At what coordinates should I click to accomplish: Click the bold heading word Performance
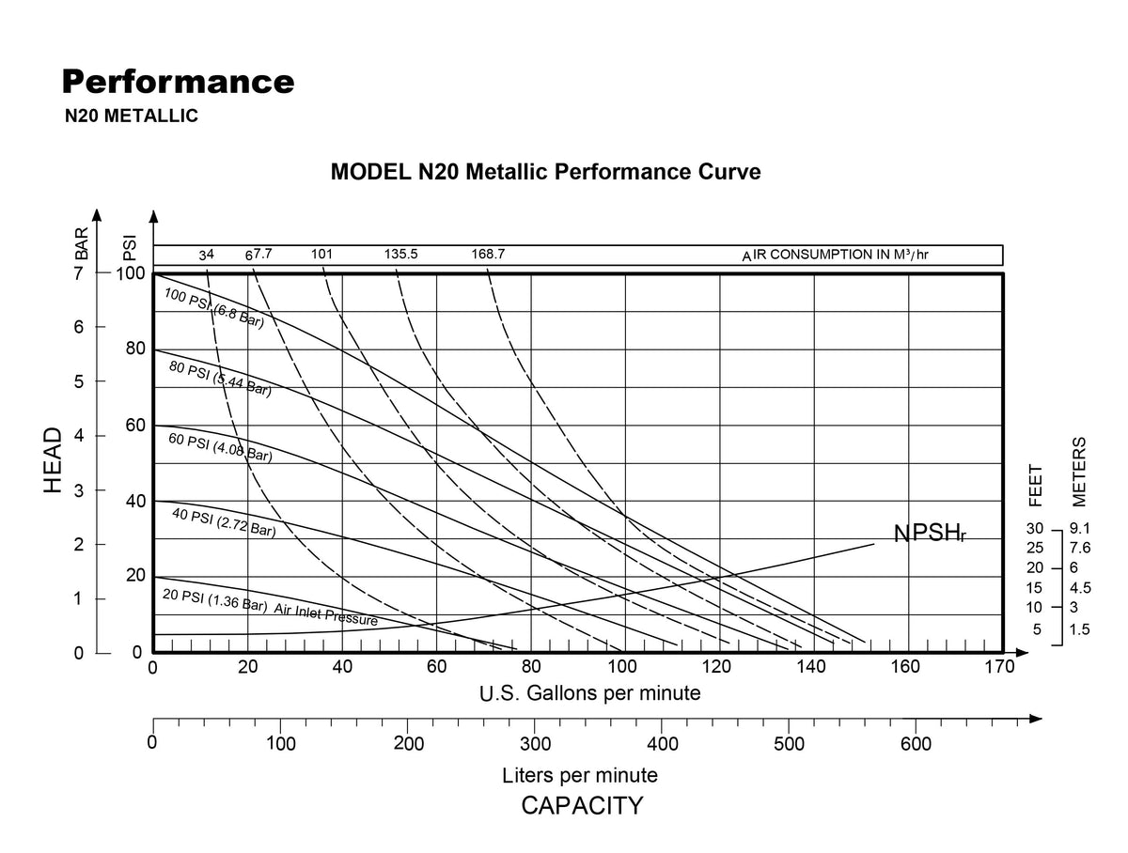[178, 82]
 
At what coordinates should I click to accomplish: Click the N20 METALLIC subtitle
[131, 116]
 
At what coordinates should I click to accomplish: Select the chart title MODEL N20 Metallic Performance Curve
[545, 172]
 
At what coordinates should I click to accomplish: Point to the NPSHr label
[929, 533]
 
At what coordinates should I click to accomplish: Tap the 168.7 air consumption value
[488, 254]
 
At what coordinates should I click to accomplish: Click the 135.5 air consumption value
[400, 254]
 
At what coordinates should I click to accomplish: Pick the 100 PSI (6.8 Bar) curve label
[213, 308]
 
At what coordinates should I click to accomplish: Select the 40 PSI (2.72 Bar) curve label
[224, 522]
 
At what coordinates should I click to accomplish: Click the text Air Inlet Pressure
[326, 614]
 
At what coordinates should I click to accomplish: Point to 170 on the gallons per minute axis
[999, 667]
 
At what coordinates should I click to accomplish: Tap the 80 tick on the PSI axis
[135, 349]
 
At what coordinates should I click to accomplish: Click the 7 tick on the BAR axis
[78, 273]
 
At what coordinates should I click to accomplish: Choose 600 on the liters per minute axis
[916, 744]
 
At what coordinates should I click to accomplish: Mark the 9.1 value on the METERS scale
[1079, 529]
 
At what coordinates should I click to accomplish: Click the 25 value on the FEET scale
[1035, 548]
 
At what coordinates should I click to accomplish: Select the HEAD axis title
[53, 460]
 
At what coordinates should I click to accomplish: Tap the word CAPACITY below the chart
[582, 805]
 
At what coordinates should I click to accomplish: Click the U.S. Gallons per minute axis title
[590, 693]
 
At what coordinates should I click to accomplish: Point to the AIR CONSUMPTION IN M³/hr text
[835, 255]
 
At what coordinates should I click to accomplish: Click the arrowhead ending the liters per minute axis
[1035, 719]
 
